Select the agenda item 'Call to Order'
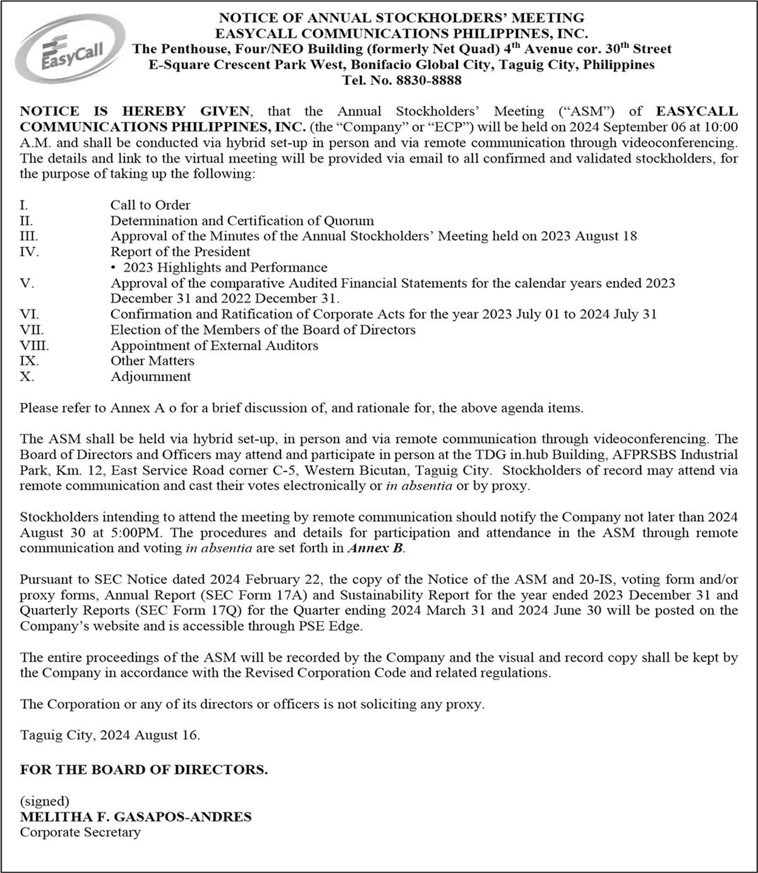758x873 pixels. [150, 205]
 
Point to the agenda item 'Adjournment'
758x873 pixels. [150, 377]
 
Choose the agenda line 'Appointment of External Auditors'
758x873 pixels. [214, 345]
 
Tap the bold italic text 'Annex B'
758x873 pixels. [375, 549]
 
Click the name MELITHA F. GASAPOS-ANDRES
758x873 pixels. [136, 817]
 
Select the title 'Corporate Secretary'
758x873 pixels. [80, 832]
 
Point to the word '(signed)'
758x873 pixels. [44, 802]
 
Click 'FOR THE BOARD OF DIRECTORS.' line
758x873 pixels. [144, 770]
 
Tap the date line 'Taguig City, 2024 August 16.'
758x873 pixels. [110, 735]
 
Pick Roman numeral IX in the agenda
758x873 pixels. [29, 361]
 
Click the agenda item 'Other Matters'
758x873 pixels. [152, 361]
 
